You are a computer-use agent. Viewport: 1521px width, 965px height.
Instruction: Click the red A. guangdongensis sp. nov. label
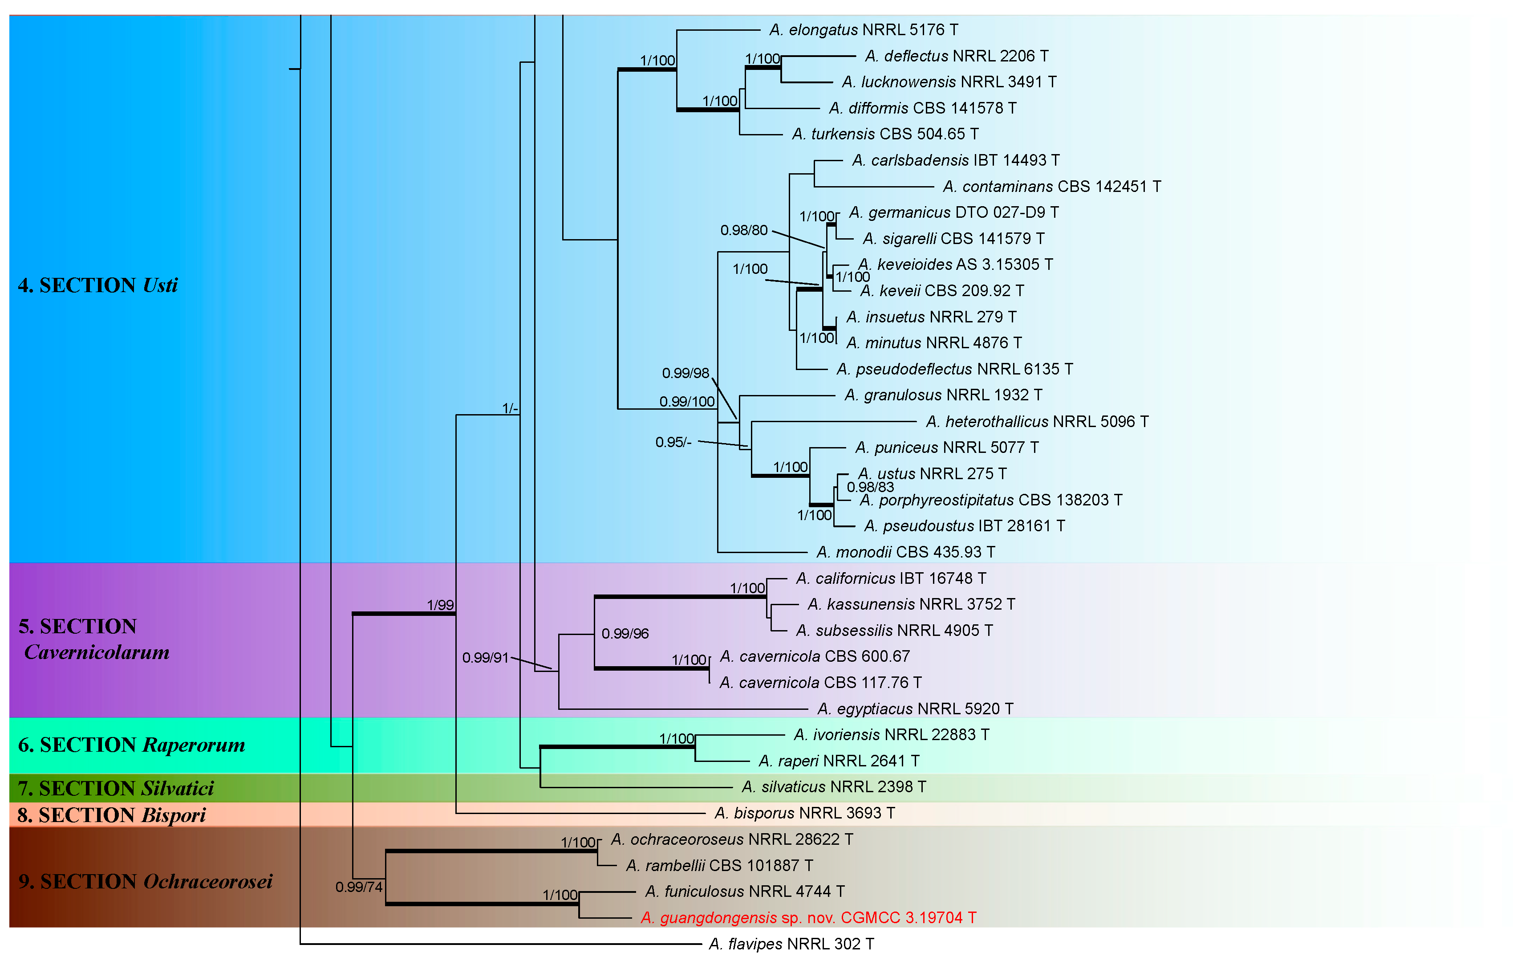click(x=808, y=918)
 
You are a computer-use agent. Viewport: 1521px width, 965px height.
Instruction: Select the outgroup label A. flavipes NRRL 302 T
click(x=791, y=944)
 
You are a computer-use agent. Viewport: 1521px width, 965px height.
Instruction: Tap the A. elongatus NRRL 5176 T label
click(x=864, y=30)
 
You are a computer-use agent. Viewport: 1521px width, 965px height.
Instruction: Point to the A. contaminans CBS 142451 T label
click(x=1052, y=187)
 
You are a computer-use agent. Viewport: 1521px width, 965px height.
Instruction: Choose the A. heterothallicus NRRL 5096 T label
click(x=1037, y=422)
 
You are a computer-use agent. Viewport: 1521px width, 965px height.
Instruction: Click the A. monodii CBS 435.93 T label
click(x=906, y=552)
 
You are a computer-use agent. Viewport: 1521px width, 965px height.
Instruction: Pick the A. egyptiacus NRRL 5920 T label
click(x=915, y=709)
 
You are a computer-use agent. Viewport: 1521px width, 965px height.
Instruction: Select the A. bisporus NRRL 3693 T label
click(x=805, y=813)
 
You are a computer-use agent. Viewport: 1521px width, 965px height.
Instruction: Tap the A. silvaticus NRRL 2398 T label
click(x=834, y=787)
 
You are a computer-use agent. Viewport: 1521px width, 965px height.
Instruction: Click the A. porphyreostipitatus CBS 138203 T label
click(x=991, y=500)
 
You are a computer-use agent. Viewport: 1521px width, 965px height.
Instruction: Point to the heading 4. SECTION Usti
click(x=98, y=285)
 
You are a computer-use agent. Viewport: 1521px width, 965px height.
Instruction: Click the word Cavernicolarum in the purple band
click(x=97, y=652)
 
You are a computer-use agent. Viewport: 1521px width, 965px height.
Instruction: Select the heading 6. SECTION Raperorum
click(x=131, y=745)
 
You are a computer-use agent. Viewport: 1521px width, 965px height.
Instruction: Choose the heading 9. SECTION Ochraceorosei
click(x=145, y=882)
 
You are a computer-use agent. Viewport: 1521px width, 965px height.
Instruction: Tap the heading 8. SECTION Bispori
click(x=112, y=815)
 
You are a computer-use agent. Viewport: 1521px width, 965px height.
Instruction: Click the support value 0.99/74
click(x=359, y=887)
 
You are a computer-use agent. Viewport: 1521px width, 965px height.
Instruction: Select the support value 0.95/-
click(x=673, y=442)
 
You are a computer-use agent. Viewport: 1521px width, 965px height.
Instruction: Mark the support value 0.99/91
click(x=485, y=658)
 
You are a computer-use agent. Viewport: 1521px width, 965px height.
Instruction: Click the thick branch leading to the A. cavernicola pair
click(x=651, y=668)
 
